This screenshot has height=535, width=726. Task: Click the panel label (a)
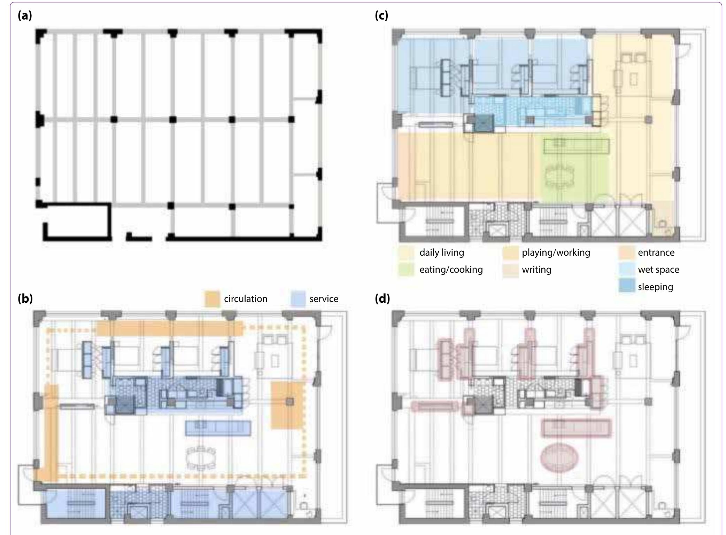25,16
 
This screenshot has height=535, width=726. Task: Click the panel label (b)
25,299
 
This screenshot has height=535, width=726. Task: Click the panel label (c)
381,16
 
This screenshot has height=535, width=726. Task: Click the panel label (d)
382,299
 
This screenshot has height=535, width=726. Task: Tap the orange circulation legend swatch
212,299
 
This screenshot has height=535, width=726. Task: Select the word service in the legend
324,299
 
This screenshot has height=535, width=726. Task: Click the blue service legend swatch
298,299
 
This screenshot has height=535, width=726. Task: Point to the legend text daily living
441,253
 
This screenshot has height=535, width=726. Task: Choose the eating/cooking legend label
451,270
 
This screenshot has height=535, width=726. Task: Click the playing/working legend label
556,253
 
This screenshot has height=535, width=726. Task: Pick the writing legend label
536,270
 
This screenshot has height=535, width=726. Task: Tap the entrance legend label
656,253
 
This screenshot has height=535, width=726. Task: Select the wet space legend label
658,270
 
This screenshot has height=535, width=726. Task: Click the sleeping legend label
655,287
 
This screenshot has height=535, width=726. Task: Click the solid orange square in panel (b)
287,405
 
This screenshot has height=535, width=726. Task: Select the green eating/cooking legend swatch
406,270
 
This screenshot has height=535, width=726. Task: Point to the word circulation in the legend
245,299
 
